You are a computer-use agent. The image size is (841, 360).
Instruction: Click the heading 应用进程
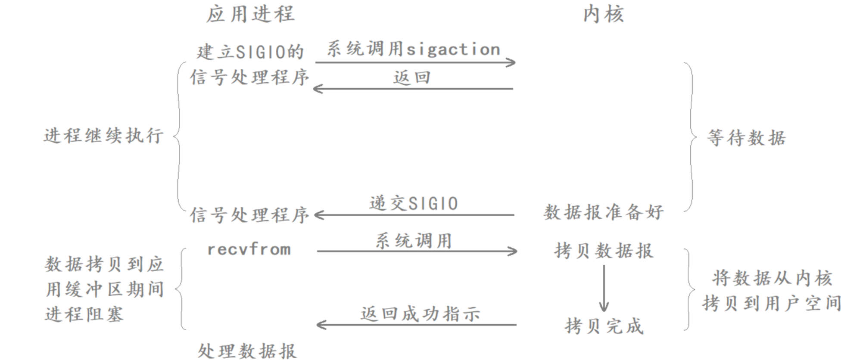click(x=250, y=14)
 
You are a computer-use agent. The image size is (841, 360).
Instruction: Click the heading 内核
click(x=603, y=14)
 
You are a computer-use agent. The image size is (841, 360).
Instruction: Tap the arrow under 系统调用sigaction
click(x=415, y=63)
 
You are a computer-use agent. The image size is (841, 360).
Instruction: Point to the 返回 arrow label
click(x=412, y=78)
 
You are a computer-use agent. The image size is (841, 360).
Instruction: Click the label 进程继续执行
click(x=103, y=136)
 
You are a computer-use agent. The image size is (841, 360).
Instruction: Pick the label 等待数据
click(x=746, y=138)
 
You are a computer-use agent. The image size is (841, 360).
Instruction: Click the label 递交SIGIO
click(x=414, y=203)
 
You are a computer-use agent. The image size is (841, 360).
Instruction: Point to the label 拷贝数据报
click(x=603, y=251)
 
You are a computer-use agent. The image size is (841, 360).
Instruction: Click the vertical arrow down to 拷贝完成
click(x=604, y=288)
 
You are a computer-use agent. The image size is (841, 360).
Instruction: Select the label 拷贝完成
click(x=604, y=326)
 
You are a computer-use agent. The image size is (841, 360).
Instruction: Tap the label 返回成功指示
click(x=420, y=314)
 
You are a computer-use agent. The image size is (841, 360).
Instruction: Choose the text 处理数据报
click(x=247, y=351)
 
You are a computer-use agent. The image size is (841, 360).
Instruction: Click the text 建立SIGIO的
click(x=250, y=52)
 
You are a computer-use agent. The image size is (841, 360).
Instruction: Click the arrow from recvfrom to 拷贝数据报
click(x=417, y=251)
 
